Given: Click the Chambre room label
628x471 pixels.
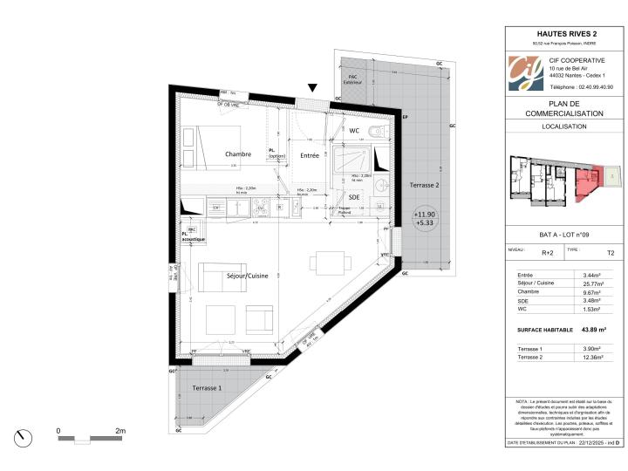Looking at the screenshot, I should [237, 154].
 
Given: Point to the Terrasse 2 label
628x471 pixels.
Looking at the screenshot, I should [424, 185].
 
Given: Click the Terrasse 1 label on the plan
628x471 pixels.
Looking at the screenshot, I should [207, 387].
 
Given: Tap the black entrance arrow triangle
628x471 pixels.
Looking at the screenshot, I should [312, 88].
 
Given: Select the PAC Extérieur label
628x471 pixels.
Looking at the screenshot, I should [353, 79].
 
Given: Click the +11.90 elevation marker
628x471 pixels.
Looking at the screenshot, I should [425, 214].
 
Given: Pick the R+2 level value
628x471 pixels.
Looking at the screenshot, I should [548, 253].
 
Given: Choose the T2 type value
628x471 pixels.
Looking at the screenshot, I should [610, 253].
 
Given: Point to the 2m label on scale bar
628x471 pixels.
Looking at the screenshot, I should [120, 431].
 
